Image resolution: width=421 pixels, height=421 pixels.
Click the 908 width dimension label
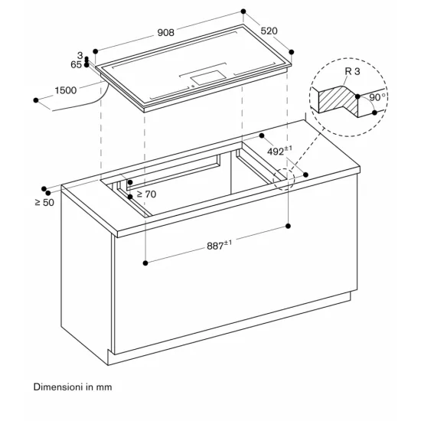point(165,32)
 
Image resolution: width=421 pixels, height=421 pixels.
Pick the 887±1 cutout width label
point(218,246)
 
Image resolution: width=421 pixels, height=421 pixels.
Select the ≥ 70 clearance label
point(145,194)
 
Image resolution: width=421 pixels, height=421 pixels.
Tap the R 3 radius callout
point(353,71)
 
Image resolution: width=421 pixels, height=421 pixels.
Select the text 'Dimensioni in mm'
point(73,387)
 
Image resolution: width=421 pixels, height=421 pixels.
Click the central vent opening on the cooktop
point(205,77)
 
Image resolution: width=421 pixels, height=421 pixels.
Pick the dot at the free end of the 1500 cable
point(36,100)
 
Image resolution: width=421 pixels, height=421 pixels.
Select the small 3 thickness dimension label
point(80,56)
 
